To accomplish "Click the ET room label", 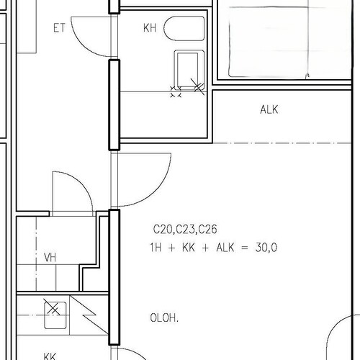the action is pyautogui.click(x=59, y=28).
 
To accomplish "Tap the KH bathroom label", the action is pyautogui.click(x=150, y=28).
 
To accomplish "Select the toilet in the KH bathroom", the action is pyautogui.click(x=184, y=28).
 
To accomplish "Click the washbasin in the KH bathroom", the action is pyautogui.click(x=189, y=70).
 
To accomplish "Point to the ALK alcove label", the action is pyautogui.click(x=269, y=109).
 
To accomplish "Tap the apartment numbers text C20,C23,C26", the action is pyautogui.click(x=185, y=229).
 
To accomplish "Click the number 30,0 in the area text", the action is pyautogui.click(x=266, y=248).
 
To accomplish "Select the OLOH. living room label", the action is pyautogui.click(x=164, y=318).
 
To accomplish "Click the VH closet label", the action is pyautogui.click(x=50, y=258).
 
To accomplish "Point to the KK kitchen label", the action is pyautogui.click(x=50, y=356).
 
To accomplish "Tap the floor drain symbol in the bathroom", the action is pyautogui.click(x=176, y=91).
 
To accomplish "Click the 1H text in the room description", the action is pyautogui.click(x=156, y=248).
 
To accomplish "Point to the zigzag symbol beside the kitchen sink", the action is pyautogui.click(x=89, y=315).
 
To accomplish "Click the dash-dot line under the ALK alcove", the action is pyautogui.click(x=282, y=143).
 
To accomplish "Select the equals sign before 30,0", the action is pyautogui.click(x=244, y=248).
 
